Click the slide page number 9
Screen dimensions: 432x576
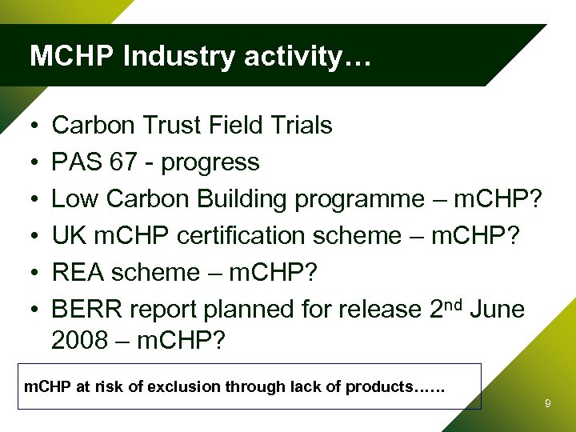point(547,404)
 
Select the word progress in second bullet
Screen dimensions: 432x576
point(210,163)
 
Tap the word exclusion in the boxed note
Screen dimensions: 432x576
point(180,387)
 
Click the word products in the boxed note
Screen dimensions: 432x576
point(377,387)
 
